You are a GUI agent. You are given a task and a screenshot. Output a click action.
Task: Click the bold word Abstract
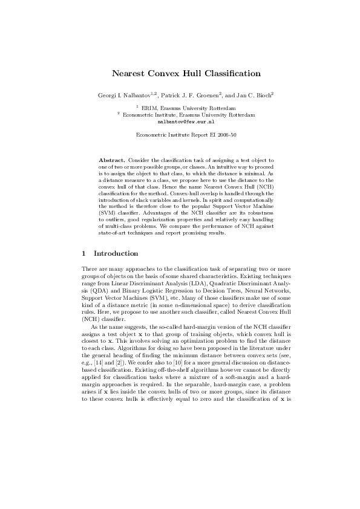pyautogui.click(x=112, y=160)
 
